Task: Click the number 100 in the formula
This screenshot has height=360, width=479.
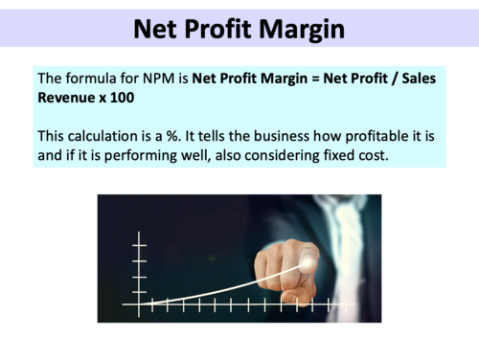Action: (x=128, y=98)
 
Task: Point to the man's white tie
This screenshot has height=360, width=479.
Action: (x=345, y=239)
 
